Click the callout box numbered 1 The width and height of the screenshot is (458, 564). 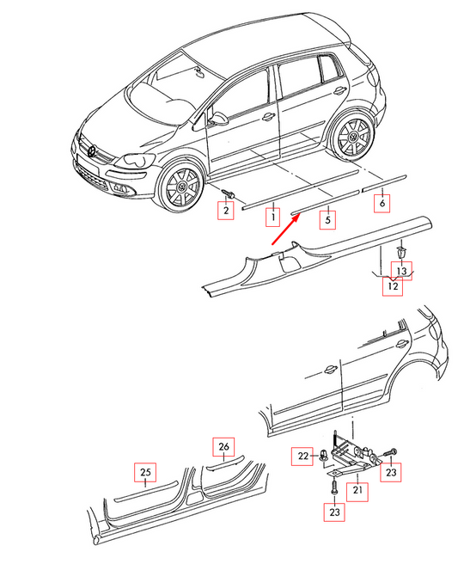click(x=272, y=215)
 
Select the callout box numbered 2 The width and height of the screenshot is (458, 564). click(x=227, y=209)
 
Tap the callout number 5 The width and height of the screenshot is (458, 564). click(x=327, y=220)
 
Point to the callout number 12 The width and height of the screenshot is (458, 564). click(x=392, y=286)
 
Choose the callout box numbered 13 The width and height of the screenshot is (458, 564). click(x=402, y=271)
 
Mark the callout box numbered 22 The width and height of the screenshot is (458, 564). click(x=303, y=456)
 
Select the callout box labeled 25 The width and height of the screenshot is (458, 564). click(x=145, y=474)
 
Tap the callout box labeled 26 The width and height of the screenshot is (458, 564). click(x=223, y=446)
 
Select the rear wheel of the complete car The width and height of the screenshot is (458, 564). click(x=352, y=137)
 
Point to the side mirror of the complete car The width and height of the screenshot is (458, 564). click(x=220, y=116)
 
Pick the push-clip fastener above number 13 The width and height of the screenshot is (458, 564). click(x=402, y=253)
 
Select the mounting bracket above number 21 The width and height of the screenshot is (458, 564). click(x=352, y=453)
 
